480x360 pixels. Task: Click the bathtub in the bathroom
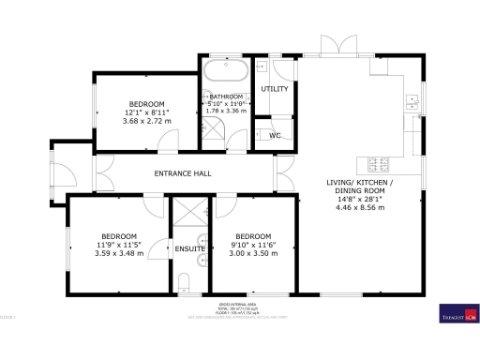(226, 72)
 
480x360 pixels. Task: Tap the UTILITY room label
(274, 88)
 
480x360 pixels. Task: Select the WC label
(275, 136)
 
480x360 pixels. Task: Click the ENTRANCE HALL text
(183, 173)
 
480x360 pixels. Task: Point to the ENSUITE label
(188, 248)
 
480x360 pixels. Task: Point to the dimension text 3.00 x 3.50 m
(253, 253)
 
